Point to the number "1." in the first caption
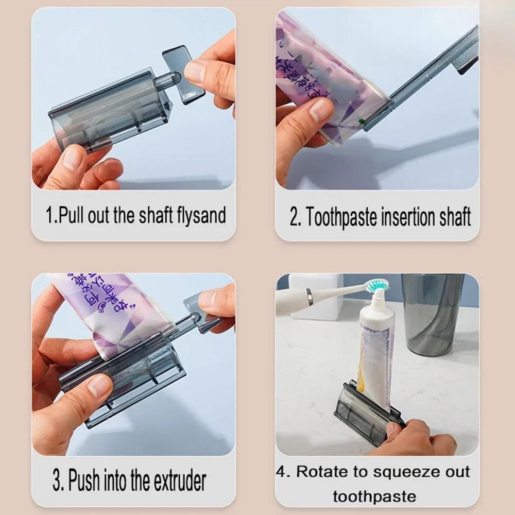pos(51,215)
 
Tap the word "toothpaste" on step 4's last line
pos(374,496)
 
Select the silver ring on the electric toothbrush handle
pos(309,297)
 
